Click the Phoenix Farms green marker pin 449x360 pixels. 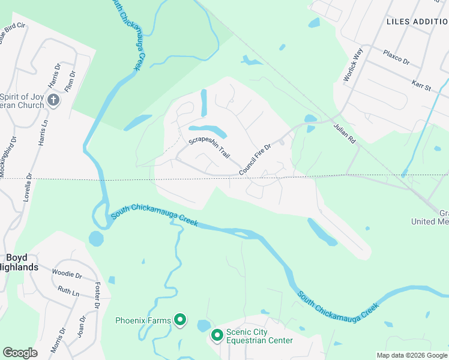pos(179,320)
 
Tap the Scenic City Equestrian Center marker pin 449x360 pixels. pos(217,335)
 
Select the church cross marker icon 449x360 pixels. pos(53,100)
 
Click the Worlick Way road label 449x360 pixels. pos(354,64)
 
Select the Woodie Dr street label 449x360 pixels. pos(67,274)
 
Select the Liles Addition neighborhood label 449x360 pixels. pos(417,21)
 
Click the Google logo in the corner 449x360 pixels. pos(20,353)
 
